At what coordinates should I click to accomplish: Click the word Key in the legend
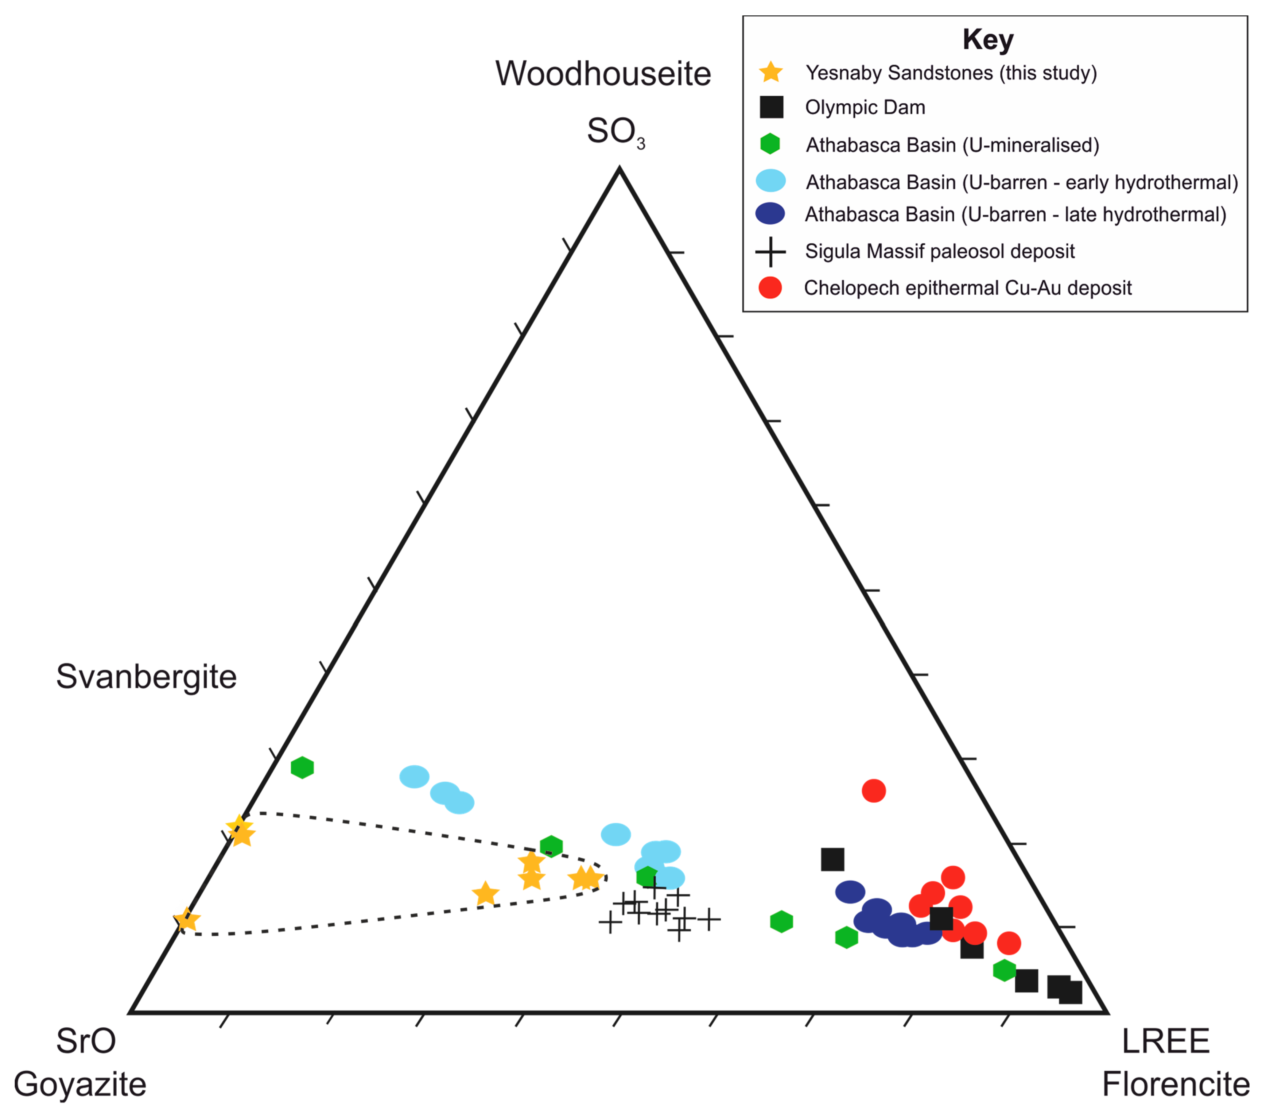tap(988, 40)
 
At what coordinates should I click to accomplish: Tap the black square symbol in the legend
tap(771, 107)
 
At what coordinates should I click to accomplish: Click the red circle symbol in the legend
tap(770, 288)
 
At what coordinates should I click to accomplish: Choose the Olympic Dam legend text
tap(865, 107)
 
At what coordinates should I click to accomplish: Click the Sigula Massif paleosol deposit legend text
tap(940, 251)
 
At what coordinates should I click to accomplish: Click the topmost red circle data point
tap(873, 791)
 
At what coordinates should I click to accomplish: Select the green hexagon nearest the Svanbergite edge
tap(302, 768)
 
